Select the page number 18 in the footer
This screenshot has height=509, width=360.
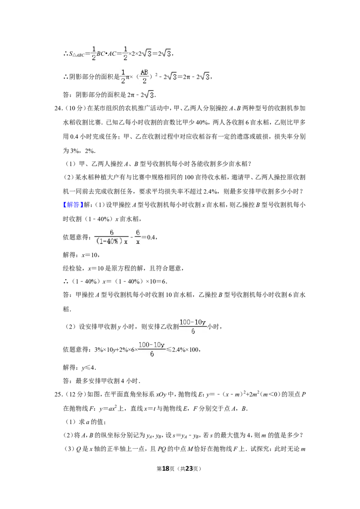point(166,469)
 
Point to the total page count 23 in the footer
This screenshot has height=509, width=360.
point(189,469)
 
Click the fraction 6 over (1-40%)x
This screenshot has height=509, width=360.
point(112,237)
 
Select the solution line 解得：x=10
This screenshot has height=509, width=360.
point(81,255)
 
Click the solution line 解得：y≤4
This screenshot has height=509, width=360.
point(79,368)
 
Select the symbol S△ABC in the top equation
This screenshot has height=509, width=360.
point(77,54)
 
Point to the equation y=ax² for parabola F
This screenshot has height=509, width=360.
point(108,408)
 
